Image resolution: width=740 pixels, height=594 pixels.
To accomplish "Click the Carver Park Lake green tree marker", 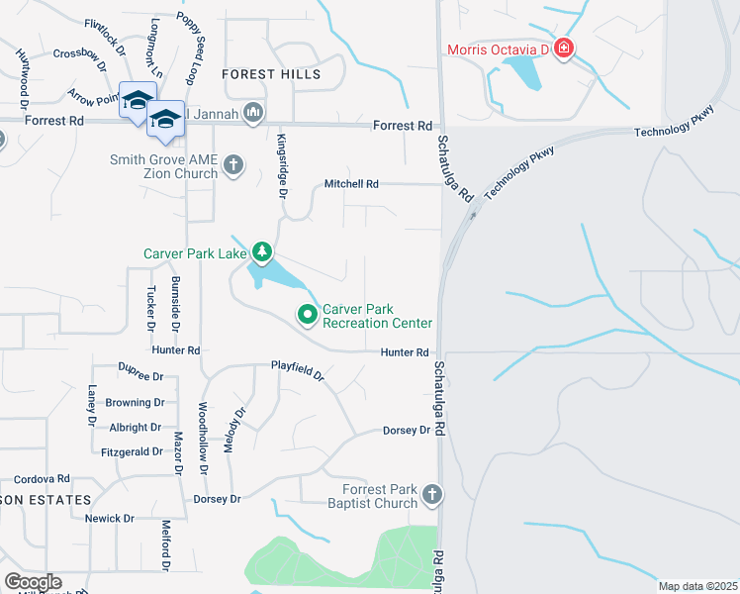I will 261,252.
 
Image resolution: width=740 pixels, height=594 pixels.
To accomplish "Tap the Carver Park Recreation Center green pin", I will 308,316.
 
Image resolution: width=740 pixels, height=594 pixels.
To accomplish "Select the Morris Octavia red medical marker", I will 563,49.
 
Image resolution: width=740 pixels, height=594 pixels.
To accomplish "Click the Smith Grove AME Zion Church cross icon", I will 233,164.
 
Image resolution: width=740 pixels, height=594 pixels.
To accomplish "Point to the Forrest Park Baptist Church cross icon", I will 431,494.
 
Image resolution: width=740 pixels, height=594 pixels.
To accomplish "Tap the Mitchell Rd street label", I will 351,184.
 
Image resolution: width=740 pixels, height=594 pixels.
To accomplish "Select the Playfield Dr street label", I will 298,371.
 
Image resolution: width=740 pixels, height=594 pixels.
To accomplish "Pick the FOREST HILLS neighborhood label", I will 271,74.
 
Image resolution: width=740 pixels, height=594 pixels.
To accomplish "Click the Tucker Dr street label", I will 151,307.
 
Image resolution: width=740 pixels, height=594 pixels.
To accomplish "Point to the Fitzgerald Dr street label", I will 132,451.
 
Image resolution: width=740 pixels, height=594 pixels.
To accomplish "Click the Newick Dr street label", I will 109,519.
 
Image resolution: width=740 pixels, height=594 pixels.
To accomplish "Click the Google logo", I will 33,582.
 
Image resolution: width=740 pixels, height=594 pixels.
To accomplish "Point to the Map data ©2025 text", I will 696,586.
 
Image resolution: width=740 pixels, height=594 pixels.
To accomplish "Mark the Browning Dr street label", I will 135,403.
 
